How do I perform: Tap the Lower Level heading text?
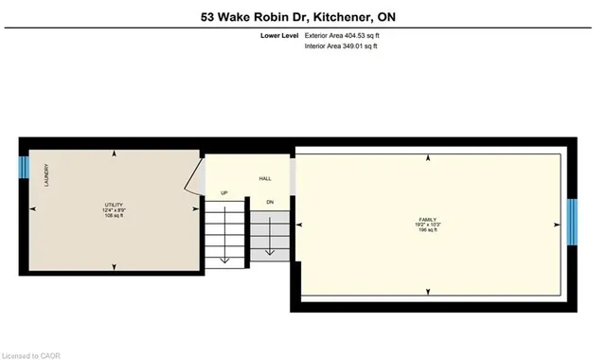click(280, 36)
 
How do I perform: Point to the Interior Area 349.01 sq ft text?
click(341, 45)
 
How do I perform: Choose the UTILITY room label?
click(114, 206)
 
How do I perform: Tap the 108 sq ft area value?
click(114, 216)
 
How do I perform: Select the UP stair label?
click(224, 193)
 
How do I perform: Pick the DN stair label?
click(270, 201)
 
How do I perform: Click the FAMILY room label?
click(428, 220)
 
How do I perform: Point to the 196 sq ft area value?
click(428, 230)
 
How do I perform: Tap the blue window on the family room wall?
click(572, 223)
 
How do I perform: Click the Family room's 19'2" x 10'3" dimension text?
click(428, 225)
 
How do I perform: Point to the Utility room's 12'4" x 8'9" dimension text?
click(114, 210)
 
